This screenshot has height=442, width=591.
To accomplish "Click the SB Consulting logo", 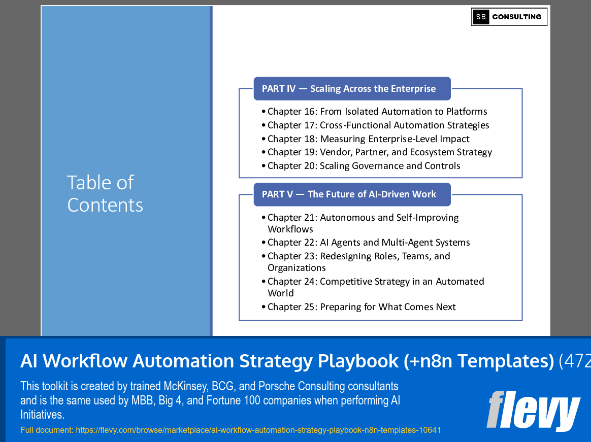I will [x=509, y=17].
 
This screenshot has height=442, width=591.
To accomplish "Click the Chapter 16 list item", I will [x=377, y=112].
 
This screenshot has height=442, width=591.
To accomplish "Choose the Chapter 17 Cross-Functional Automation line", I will [x=378, y=125].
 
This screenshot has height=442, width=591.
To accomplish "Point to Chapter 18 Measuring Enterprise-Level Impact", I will [x=368, y=139].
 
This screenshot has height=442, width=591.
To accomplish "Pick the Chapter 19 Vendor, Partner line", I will [x=379, y=152].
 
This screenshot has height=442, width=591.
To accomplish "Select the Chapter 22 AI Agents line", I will [x=369, y=243].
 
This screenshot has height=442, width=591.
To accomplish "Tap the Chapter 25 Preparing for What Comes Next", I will [x=362, y=307].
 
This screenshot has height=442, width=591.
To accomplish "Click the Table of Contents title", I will [x=105, y=194].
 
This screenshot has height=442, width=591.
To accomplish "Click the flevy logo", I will [x=533, y=411].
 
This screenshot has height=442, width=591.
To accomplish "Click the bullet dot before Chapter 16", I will [x=264, y=112].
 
